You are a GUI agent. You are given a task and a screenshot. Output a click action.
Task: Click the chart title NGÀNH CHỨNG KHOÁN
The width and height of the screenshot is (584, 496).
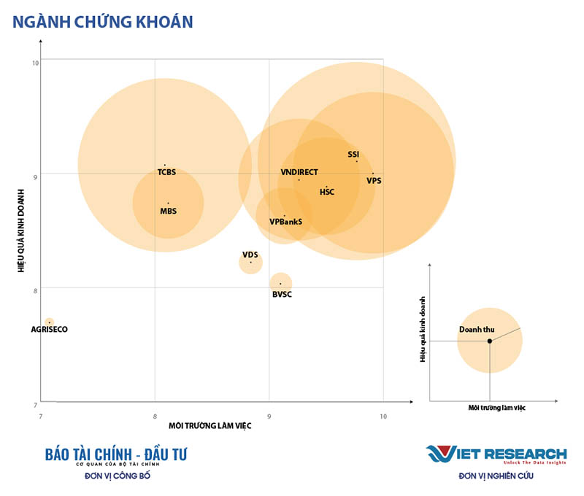(x=103, y=22)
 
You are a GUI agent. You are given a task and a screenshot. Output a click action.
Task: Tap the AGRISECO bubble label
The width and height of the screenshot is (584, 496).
(x=49, y=330)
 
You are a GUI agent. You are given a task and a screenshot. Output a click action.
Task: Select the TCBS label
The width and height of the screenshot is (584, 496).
(x=166, y=173)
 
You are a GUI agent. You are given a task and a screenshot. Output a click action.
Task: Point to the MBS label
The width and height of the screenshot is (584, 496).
(x=168, y=212)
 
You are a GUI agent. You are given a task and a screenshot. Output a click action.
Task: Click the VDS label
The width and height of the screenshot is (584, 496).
(x=250, y=255)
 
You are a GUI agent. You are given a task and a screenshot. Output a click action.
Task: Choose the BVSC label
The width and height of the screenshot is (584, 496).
(x=282, y=295)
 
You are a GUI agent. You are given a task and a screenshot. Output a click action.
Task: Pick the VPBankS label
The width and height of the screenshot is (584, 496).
(x=285, y=222)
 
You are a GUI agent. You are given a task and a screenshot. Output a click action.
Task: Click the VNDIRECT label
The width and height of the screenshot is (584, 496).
(x=299, y=172)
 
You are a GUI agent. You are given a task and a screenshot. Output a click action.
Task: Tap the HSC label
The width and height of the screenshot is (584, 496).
(x=327, y=192)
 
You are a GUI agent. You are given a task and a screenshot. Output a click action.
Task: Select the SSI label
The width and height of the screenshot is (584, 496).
(x=353, y=155)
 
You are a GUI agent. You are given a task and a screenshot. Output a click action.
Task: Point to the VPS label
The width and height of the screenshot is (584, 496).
(x=374, y=180)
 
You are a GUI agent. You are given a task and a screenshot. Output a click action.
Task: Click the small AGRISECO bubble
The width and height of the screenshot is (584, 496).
(x=49, y=322)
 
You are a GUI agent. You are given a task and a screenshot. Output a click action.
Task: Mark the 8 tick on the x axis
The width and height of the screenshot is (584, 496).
(x=154, y=416)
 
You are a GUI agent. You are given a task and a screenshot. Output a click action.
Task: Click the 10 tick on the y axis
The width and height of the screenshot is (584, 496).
(x=34, y=62)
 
